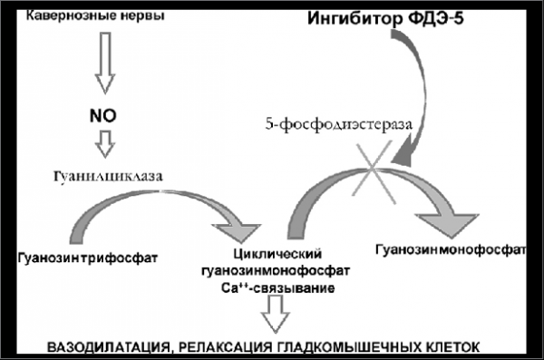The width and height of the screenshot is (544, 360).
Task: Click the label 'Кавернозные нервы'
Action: coord(95,15)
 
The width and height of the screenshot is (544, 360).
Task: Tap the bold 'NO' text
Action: coord(103,115)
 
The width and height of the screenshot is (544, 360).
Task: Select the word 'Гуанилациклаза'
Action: coord(108,176)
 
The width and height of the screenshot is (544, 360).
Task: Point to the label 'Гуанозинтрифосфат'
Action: coord(88,258)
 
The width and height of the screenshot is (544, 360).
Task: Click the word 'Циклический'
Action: coord(277,254)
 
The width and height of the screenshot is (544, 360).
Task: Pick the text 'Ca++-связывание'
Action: coord(278,288)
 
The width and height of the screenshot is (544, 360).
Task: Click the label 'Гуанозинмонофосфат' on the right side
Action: coord(451,250)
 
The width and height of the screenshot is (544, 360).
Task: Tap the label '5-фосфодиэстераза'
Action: coord(339,124)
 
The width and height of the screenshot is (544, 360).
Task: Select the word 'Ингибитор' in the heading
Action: coord(355,18)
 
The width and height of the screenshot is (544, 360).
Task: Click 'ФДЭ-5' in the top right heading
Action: coord(436,18)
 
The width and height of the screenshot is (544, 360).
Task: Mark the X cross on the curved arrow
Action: coord(373,171)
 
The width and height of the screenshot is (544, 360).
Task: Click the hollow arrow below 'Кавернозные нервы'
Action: coord(105,63)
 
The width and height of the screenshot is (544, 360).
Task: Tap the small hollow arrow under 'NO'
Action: coord(105,144)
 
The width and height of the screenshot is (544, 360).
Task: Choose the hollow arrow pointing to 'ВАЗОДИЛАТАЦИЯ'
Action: coord(276,314)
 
